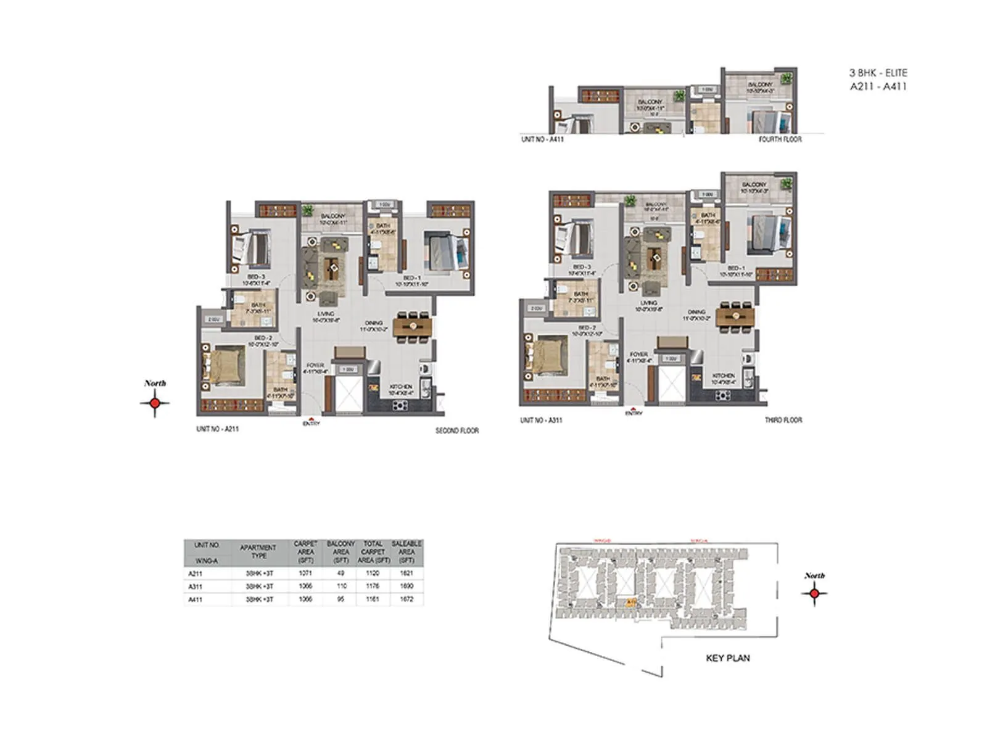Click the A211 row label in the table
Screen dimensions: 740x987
coord(196,573)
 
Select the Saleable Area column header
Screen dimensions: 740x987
coord(407,552)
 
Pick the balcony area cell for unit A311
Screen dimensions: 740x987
coord(341,586)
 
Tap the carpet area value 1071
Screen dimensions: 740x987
coord(305,573)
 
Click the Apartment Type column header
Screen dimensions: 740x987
coord(258,551)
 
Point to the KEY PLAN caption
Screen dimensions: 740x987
coord(728,658)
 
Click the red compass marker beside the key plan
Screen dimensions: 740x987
coord(814,593)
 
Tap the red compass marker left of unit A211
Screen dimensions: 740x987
coord(155,403)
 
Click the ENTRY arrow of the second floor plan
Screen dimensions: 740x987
coord(311,421)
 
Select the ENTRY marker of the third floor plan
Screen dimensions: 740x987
coord(634,411)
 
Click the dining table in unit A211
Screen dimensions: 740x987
coord(411,326)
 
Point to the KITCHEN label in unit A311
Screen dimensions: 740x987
coord(724,376)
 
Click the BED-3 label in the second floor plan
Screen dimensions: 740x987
coord(257,277)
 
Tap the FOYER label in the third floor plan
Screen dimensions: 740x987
coord(638,355)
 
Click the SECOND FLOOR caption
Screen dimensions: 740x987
coord(456,430)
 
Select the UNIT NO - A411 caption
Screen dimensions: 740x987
coord(542,139)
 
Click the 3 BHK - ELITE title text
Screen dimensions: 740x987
coord(878,73)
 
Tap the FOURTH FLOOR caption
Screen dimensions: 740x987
coord(780,139)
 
